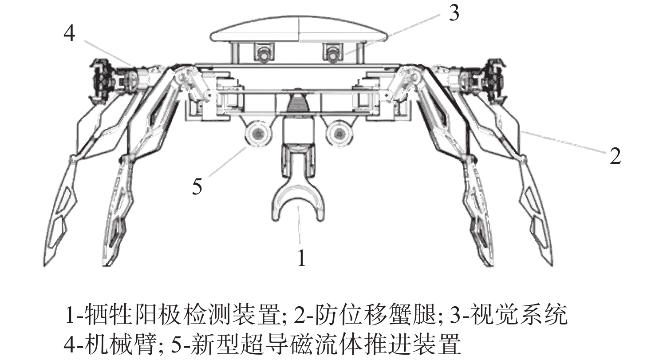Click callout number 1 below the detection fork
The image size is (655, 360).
[x=302, y=258]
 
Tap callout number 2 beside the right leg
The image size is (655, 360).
[x=615, y=156]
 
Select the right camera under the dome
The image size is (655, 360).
[x=333, y=54]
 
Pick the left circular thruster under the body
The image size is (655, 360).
[x=257, y=133]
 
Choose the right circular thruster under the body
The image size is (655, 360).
[x=339, y=133]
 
